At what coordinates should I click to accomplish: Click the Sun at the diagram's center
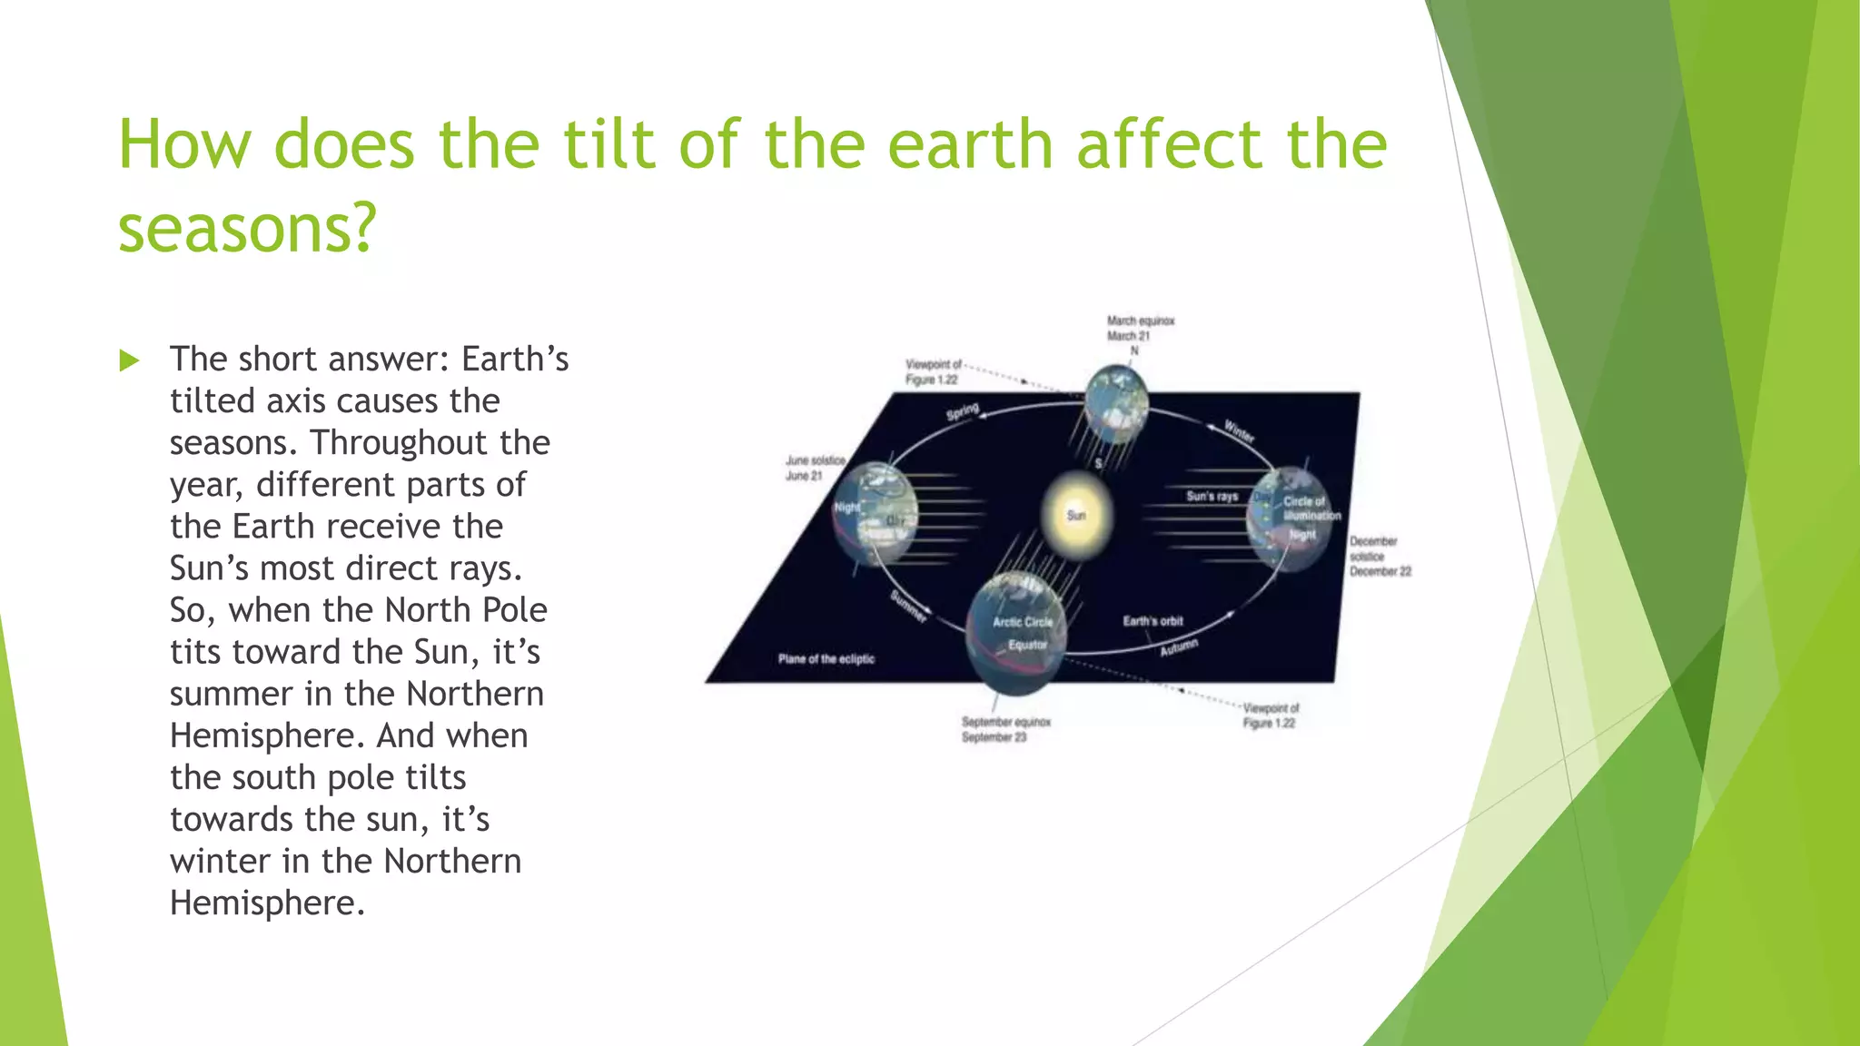pyautogui.click(x=1076, y=515)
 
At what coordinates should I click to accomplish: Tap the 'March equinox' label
pyautogui.click(x=1140, y=328)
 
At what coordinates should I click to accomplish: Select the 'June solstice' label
pyautogui.click(x=815, y=468)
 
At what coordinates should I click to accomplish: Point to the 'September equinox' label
pyautogui.click(x=1005, y=729)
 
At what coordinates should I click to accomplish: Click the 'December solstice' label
pyautogui.click(x=1379, y=556)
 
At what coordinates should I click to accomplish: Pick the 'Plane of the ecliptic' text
pyautogui.click(x=826, y=658)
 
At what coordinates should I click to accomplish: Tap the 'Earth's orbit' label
pyautogui.click(x=1153, y=621)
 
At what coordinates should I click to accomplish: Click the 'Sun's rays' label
pyautogui.click(x=1212, y=496)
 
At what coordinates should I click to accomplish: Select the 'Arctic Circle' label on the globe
pyautogui.click(x=1023, y=622)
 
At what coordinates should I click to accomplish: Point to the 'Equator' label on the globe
pyautogui.click(x=1027, y=645)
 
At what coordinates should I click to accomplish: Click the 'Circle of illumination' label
pyautogui.click(x=1311, y=508)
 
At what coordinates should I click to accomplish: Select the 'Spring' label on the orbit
pyautogui.click(x=962, y=411)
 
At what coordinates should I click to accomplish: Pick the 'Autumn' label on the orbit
pyautogui.click(x=1178, y=647)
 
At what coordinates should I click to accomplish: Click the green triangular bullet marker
pyautogui.click(x=129, y=360)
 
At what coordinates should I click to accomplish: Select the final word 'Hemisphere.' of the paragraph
pyautogui.click(x=267, y=903)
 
